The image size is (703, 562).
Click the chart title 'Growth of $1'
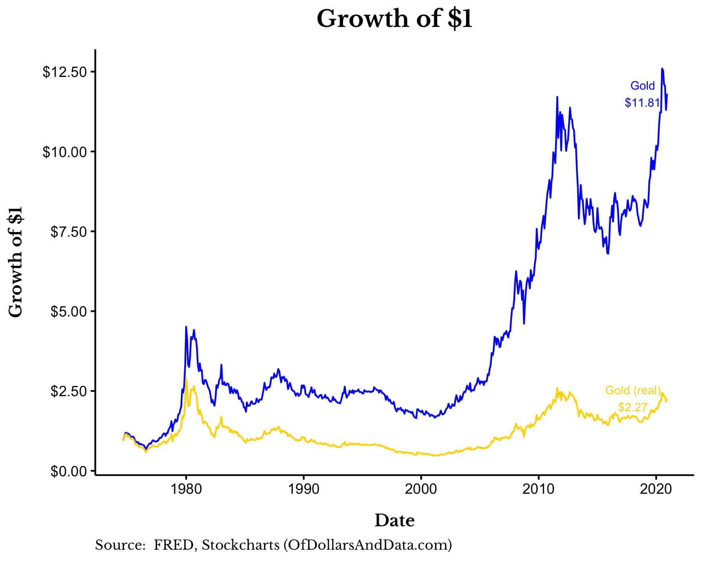tap(394, 19)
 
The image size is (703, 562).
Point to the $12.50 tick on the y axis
tap(65, 72)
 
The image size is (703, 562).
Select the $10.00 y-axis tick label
tap(65, 152)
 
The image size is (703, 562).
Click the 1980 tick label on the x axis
tap(186, 489)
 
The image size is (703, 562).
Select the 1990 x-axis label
tap(303, 489)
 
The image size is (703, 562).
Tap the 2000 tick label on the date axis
tap(421, 489)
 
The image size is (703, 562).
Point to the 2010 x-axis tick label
tap(538, 489)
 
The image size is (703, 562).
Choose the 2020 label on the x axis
tap(656, 489)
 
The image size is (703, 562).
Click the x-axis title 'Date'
tap(394, 520)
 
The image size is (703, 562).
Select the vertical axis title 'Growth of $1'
tap(16, 262)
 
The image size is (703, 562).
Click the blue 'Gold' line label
tap(642, 86)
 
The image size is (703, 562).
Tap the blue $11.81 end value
tap(642, 103)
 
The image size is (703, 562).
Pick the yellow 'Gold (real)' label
tap(633, 390)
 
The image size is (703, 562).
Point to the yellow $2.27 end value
tap(633, 407)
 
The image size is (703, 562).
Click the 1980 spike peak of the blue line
tap(186, 327)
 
